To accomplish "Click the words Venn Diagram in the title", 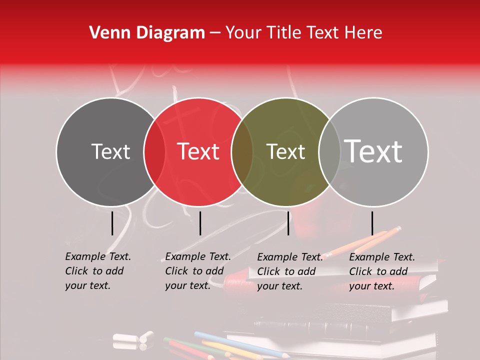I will [x=147, y=33].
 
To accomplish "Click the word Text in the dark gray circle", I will [x=110, y=151].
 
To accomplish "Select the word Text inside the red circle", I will [x=198, y=151].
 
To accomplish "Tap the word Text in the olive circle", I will [x=286, y=151].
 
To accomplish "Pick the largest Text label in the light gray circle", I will [x=373, y=151].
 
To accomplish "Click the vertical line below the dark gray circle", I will [x=112, y=223].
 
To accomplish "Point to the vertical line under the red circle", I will [x=200, y=223].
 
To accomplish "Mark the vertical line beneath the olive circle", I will [x=288, y=223].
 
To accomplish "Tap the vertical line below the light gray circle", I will [x=372, y=223].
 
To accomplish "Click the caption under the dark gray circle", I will [x=98, y=271].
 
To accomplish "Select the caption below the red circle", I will [x=198, y=271].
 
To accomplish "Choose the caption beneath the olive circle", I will [x=290, y=271].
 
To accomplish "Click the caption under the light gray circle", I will [x=382, y=271].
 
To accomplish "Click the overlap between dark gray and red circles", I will [x=154, y=151].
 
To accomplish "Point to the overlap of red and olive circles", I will [x=242, y=151].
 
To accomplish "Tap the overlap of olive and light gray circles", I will [x=329, y=151].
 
